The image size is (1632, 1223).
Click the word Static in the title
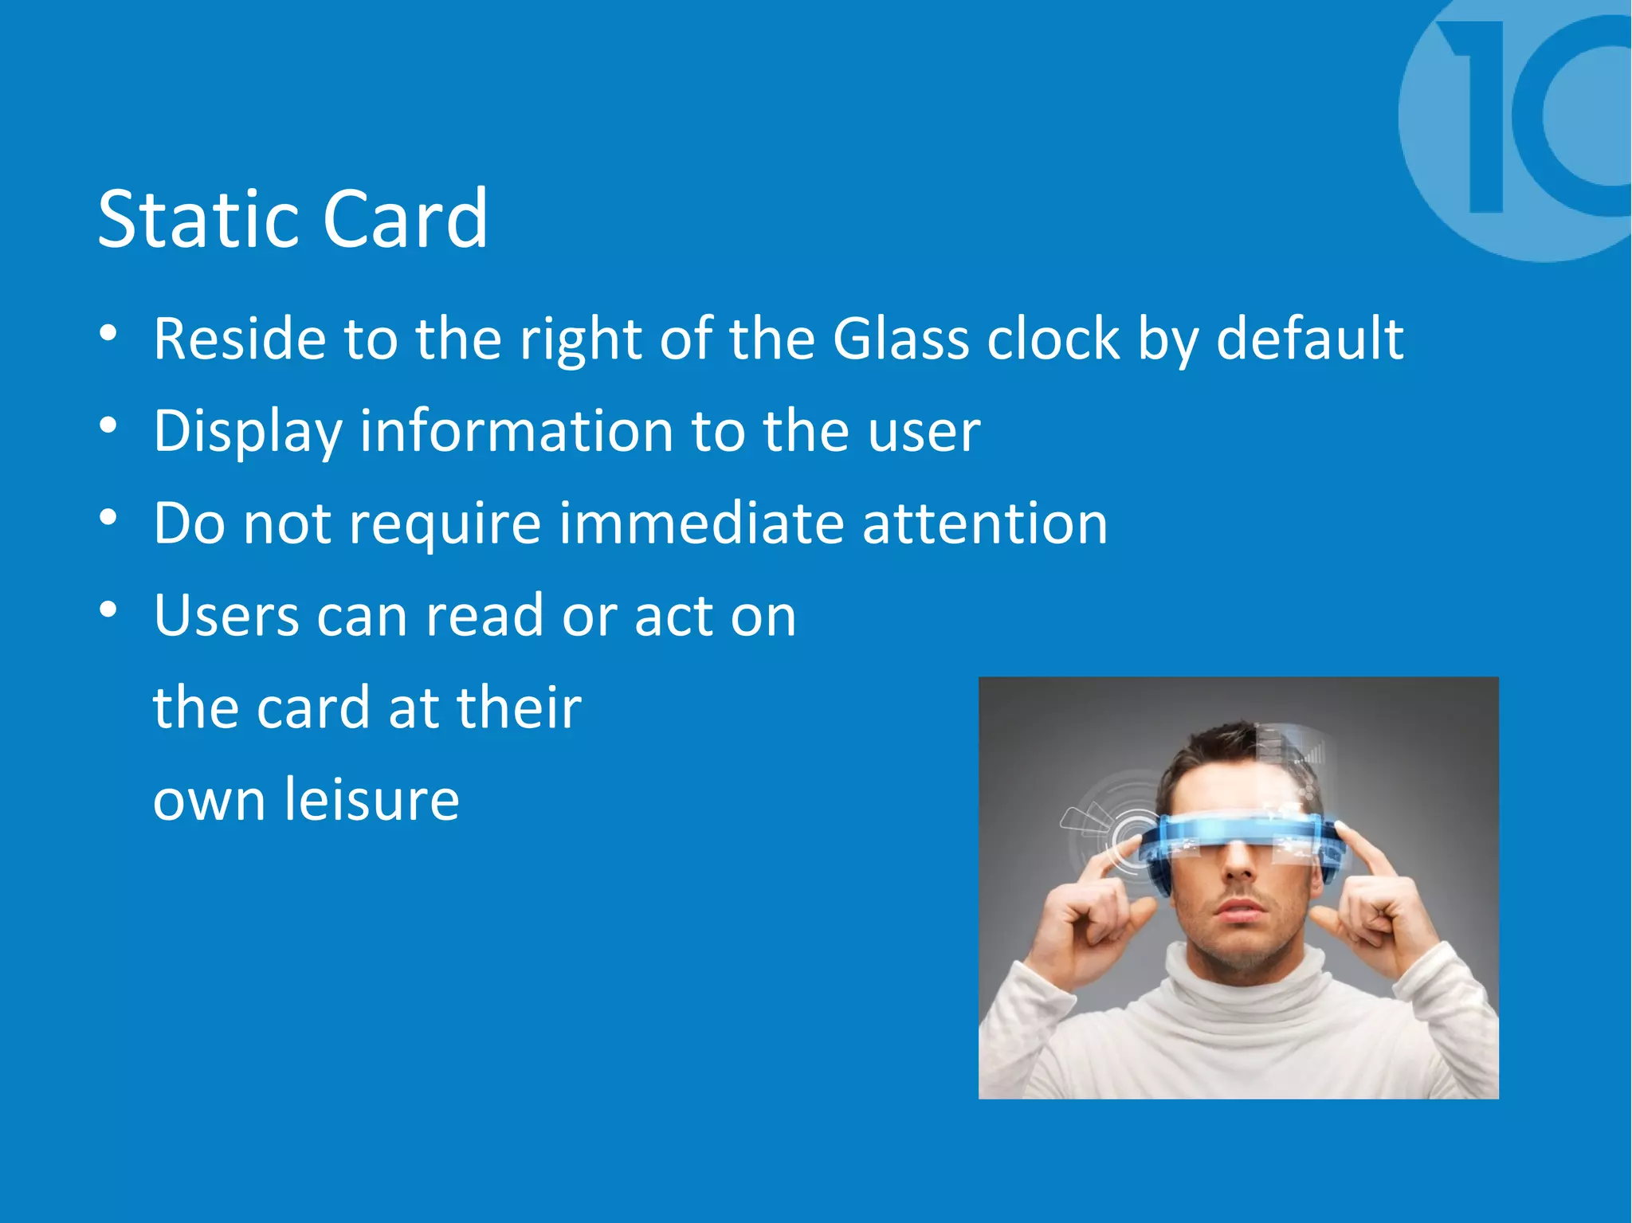coord(199,219)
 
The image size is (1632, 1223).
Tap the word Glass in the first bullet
coord(900,339)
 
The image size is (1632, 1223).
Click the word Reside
coord(239,339)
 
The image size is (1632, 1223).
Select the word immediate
coord(701,523)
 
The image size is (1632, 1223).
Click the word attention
coord(985,525)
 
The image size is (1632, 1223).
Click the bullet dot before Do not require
coord(108,518)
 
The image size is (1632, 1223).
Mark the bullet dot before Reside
coord(108,333)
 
